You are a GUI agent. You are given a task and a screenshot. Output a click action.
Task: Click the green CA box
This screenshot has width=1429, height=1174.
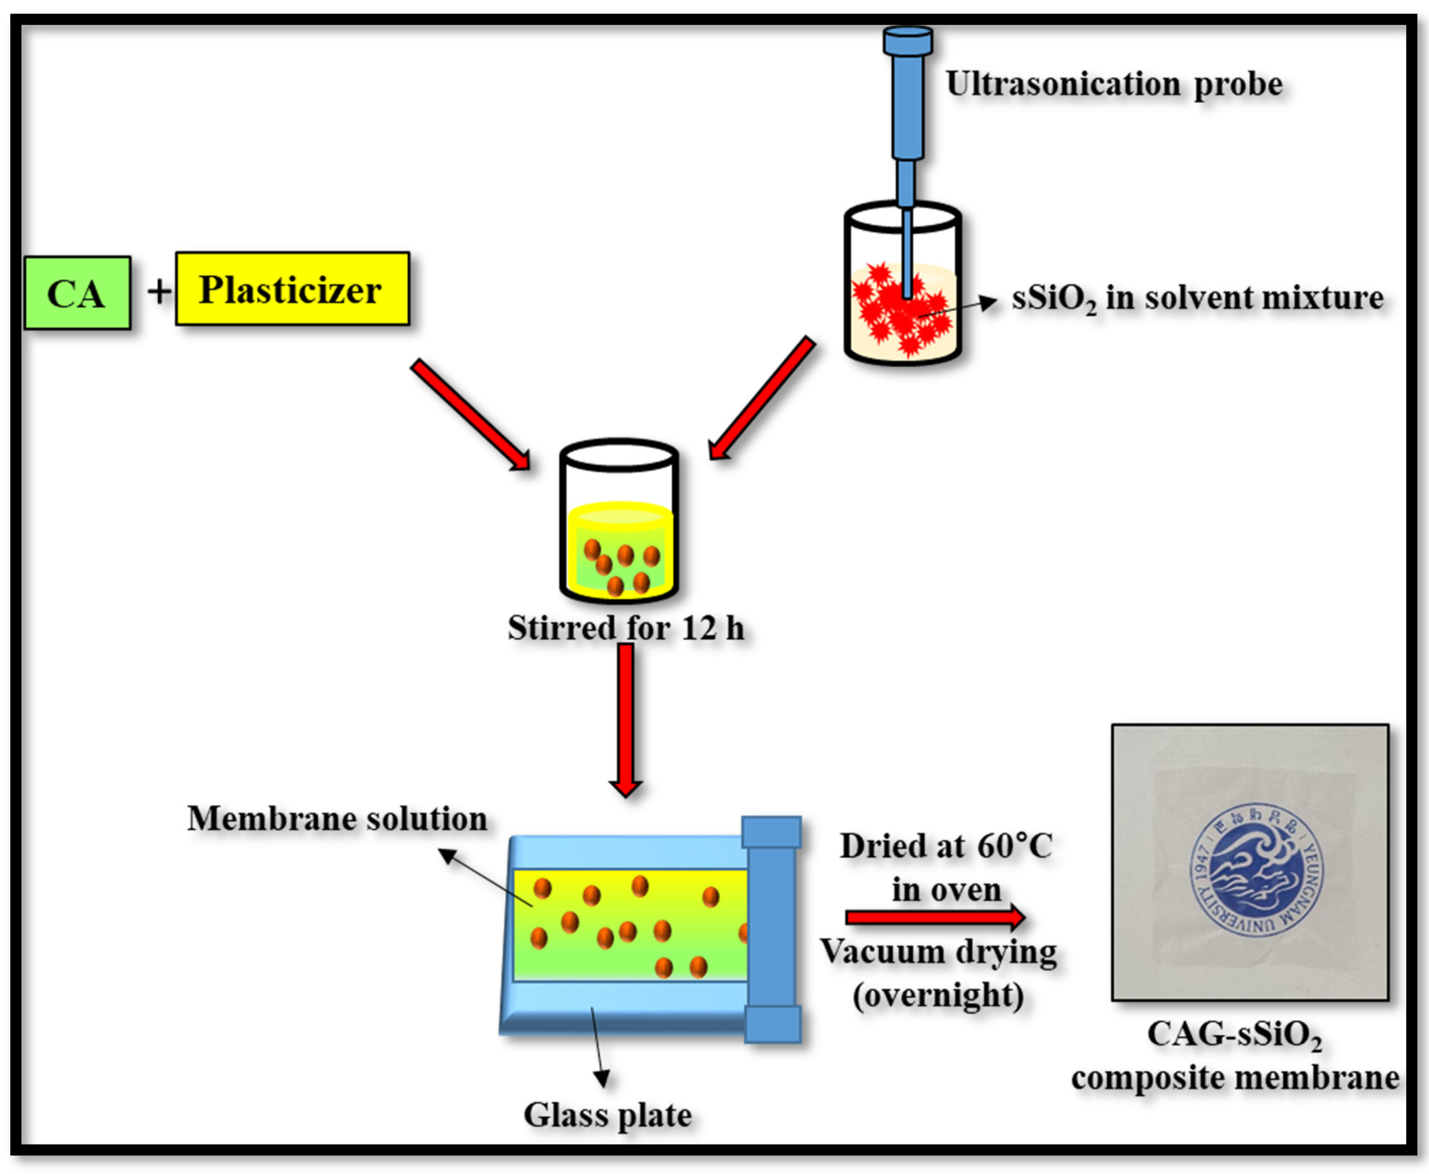[x=77, y=293]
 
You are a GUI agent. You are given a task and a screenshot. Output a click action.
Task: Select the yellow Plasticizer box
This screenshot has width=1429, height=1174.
[x=292, y=289]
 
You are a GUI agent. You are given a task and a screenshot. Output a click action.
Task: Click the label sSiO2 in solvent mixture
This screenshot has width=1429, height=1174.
[x=1197, y=298]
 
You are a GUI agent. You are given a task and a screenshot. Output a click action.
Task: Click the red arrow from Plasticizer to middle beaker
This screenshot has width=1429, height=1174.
[x=470, y=414]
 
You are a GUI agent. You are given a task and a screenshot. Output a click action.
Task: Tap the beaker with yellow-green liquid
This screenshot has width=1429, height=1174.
[x=619, y=534]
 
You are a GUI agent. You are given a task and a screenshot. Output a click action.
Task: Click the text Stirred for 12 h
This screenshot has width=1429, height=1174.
[x=626, y=628]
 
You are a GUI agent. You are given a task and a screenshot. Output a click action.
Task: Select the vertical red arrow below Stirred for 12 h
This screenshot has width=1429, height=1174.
[x=626, y=720]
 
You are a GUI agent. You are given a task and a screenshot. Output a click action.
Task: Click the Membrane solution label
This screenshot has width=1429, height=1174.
[x=337, y=819]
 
